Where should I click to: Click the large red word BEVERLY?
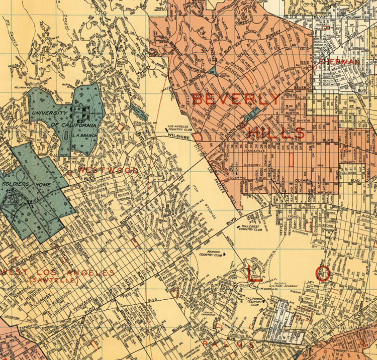[x=236, y=99]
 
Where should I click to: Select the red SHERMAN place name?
[x=340, y=61]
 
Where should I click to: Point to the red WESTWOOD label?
[x=108, y=171]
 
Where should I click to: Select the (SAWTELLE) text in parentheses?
[x=53, y=280]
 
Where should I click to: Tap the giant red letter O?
[x=324, y=273]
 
